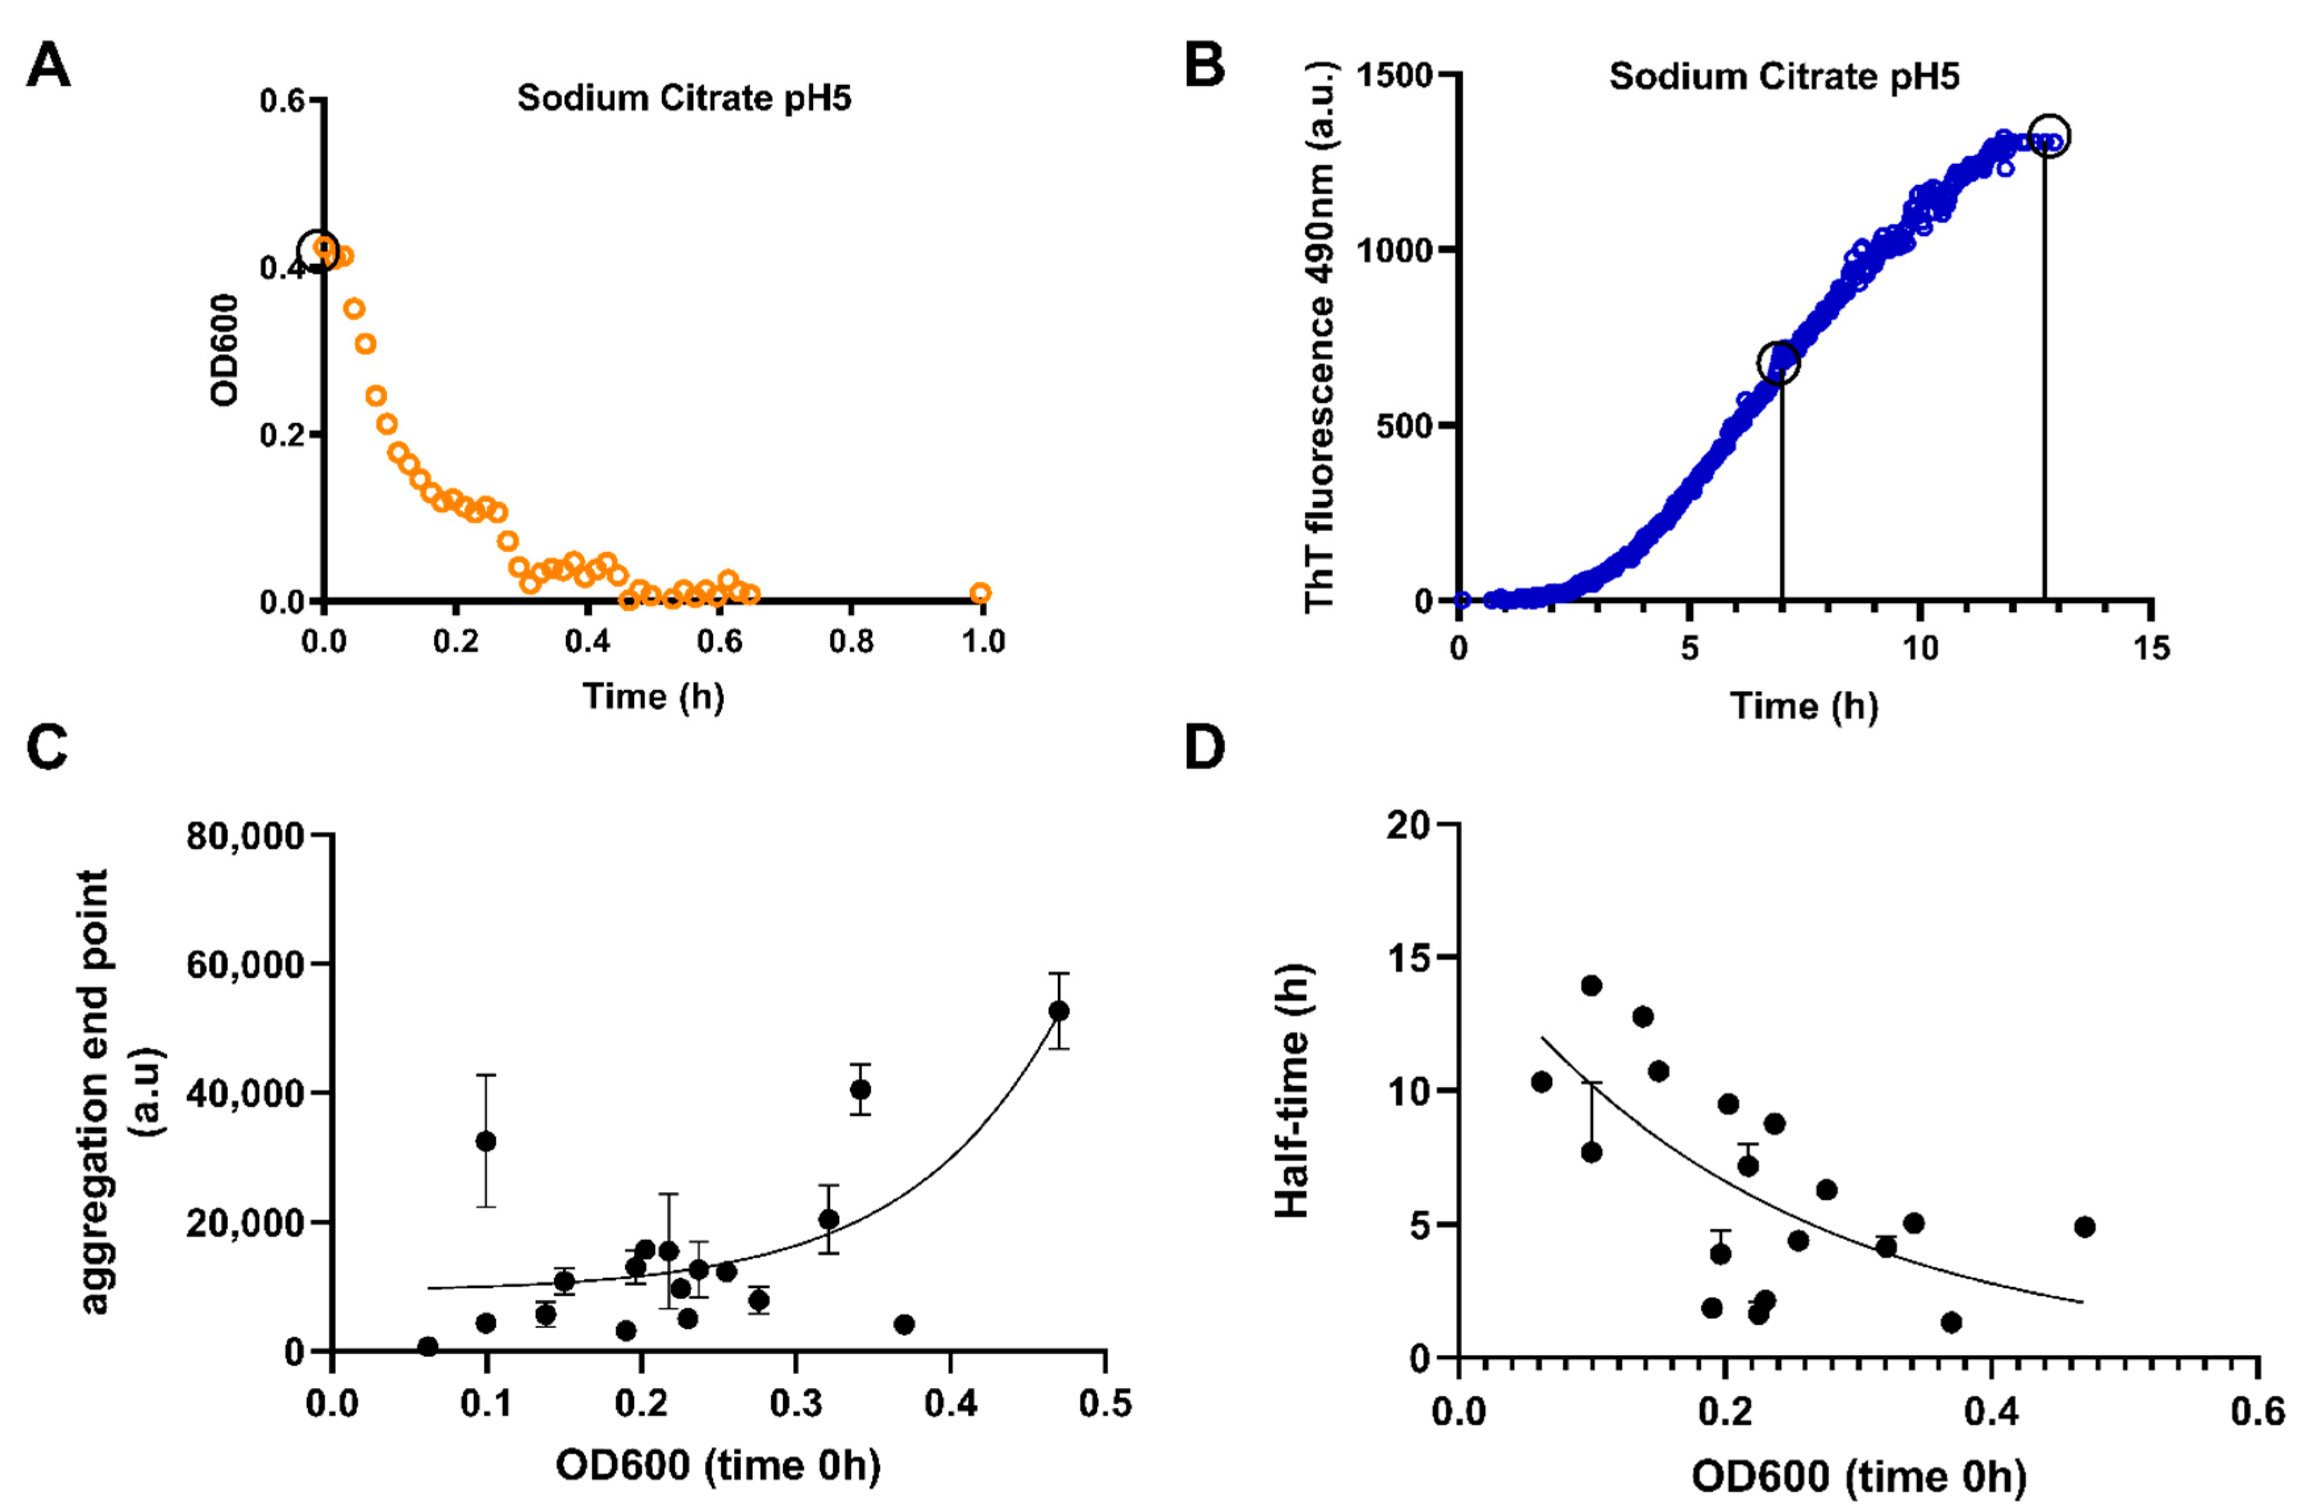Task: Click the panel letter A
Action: coord(48,68)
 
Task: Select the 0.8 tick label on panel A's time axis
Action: coord(850,641)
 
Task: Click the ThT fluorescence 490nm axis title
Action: coord(1320,336)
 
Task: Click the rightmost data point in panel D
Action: coord(2085,1227)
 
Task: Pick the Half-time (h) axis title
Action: coord(1291,1092)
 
